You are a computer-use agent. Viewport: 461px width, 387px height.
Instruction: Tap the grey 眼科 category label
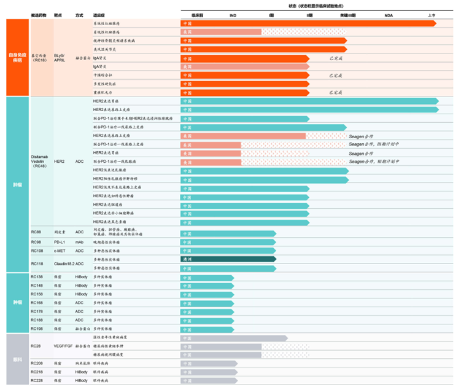[17, 359]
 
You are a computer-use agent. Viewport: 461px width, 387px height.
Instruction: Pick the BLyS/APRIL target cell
[60, 57]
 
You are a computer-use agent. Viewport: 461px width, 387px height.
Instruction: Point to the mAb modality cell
[79, 242]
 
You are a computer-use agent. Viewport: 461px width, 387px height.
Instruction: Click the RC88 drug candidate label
[36, 232]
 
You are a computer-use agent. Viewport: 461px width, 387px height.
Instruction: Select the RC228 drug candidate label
[37, 381]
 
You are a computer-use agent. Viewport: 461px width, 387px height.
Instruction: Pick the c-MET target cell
[59, 251]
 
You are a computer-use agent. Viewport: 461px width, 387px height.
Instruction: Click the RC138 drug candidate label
[37, 277]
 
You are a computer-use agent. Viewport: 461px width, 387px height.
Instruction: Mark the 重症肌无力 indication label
[101, 92]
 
